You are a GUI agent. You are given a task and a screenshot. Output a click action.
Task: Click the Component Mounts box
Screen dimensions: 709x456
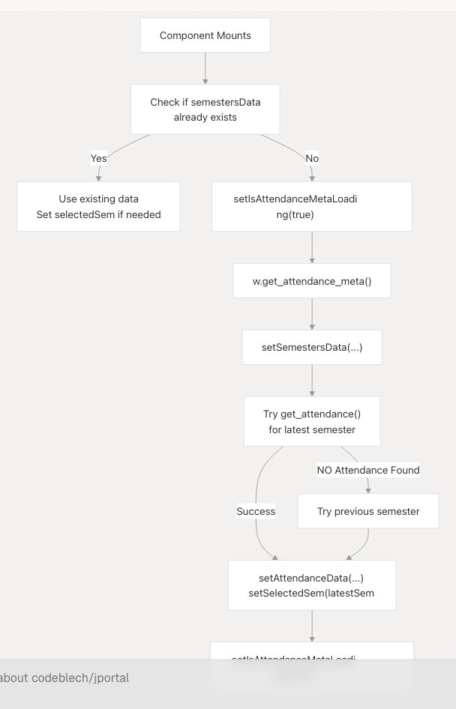[x=205, y=35]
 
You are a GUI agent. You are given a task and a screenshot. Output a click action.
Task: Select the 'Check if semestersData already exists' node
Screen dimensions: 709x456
[x=205, y=109]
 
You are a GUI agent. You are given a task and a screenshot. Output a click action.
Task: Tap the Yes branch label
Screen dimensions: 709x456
[x=98, y=158]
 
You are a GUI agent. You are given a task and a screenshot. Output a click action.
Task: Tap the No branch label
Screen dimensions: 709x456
[x=312, y=158]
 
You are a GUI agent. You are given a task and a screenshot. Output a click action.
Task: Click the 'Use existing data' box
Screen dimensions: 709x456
[x=98, y=207]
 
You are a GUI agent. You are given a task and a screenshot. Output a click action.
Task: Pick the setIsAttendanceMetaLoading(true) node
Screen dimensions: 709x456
[x=311, y=207]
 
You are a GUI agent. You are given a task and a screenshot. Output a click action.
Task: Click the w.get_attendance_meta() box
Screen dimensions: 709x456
[x=311, y=281]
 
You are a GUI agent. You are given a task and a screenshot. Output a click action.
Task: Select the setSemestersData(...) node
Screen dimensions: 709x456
[x=311, y=347]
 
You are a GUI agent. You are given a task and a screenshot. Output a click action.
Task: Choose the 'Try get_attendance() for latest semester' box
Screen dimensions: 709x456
[x=311, y=421]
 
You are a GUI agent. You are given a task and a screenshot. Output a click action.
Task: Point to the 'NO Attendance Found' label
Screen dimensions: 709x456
[x=367, y=470]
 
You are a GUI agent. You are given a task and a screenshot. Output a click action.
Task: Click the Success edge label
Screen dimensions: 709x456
[x=256, y=511]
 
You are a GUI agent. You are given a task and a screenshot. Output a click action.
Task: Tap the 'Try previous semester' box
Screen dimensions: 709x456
[x=367, y=511]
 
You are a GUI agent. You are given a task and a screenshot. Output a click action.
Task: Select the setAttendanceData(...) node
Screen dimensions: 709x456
[x=311, y=585]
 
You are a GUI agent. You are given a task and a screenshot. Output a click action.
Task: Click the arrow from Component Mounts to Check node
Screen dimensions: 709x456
[x=205, y=68]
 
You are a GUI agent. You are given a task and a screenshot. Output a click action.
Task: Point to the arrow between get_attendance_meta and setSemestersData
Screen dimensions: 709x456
[x=312, y=314]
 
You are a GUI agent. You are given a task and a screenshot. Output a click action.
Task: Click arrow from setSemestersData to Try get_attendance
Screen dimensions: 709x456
[x=312, y=380]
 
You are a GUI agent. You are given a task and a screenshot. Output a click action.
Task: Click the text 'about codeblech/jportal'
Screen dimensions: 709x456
[x=64, y=678]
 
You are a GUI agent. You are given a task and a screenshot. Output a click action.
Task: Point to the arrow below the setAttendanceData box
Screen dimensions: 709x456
[x=312, y=626]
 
